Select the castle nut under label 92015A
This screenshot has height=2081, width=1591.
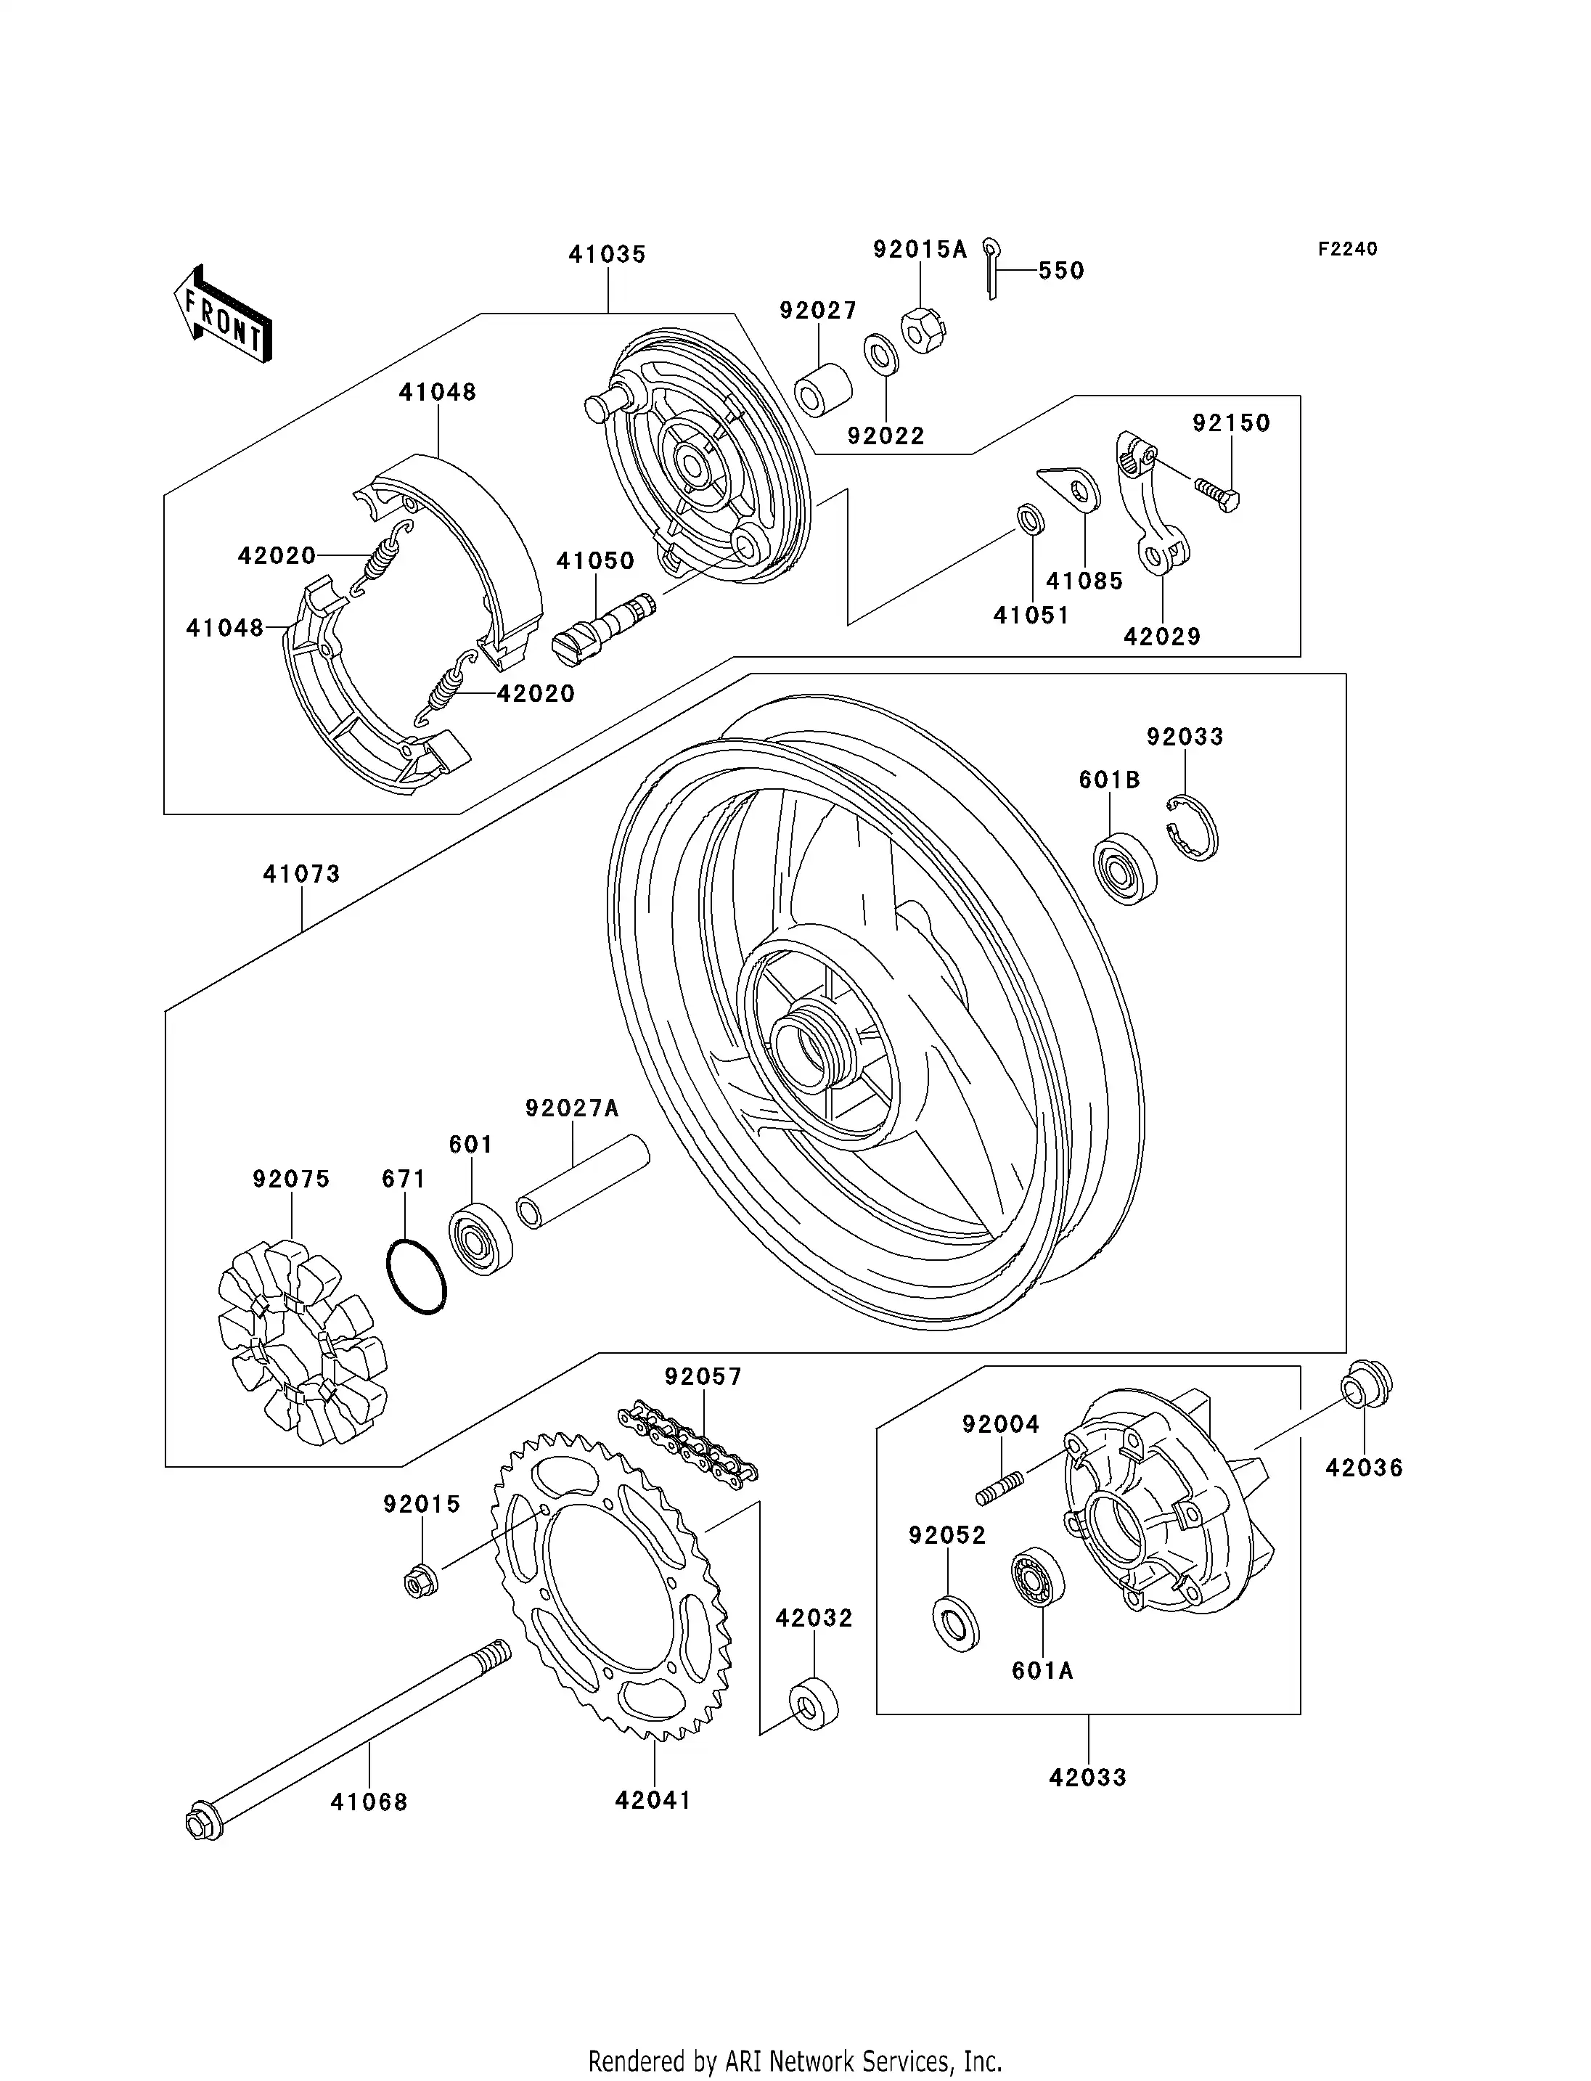[x=923, y=330]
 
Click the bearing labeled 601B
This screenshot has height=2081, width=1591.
[x=1125, y=869]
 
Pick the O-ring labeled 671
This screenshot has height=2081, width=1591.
[x=417, y=1277]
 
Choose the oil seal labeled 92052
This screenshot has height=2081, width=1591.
[x=956, y=1624]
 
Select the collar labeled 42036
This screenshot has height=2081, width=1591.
[x=1365, y=1385]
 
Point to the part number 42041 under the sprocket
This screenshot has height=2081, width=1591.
[x=653, y=1799]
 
